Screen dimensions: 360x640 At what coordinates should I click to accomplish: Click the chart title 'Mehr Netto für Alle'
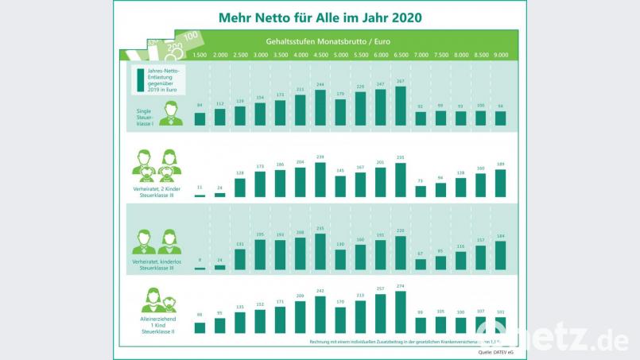coord(320,17)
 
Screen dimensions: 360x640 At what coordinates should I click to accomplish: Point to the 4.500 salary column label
coord(320,55)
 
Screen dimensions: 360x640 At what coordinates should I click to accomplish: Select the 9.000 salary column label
coord(501,55)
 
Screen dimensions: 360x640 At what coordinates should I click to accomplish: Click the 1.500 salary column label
coord(200,55)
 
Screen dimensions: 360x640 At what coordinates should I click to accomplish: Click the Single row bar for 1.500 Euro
coord(200,119)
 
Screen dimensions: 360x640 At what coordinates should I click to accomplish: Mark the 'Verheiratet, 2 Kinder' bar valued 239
coord(320,180)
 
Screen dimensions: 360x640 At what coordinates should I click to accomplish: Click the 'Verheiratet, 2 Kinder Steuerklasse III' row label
coord(157,192)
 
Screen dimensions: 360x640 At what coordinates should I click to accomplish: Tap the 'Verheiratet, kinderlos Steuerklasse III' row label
coord(157,263)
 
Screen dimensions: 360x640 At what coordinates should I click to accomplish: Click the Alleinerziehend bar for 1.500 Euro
coord(200,327)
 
